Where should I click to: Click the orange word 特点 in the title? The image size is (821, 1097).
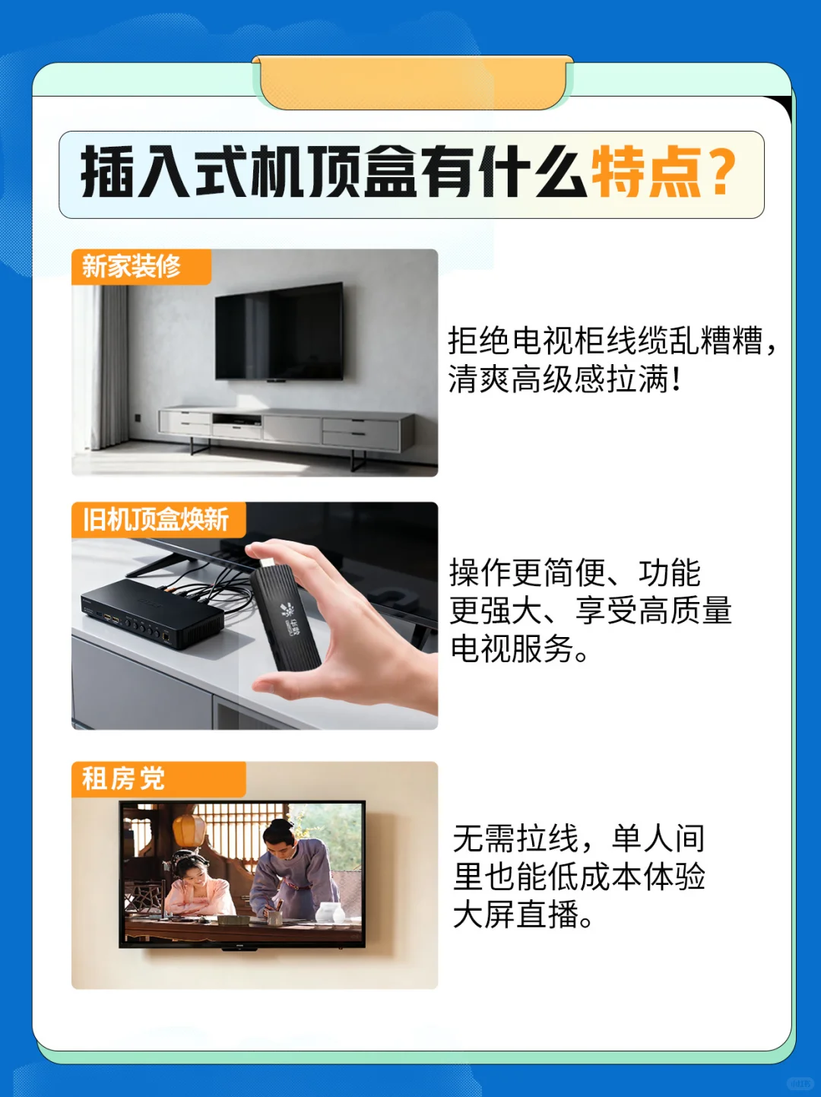[x=646, y=172]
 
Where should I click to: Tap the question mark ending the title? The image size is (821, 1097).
[x=722, y=172]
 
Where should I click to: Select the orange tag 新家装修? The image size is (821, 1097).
[x=132, y=267]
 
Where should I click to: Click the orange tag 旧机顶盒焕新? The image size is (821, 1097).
[x=156, y=520]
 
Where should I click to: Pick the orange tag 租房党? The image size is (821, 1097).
[x=123, y=779]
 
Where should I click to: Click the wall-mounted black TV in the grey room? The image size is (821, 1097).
[x=279, y=331]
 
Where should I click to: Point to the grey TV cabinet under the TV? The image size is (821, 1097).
[x=286, y=430]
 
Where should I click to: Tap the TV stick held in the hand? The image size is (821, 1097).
[x=284, y=616]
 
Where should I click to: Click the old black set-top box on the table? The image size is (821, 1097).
[x=152, y=612]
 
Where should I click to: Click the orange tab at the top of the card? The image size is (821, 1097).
[x=413, y=82]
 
